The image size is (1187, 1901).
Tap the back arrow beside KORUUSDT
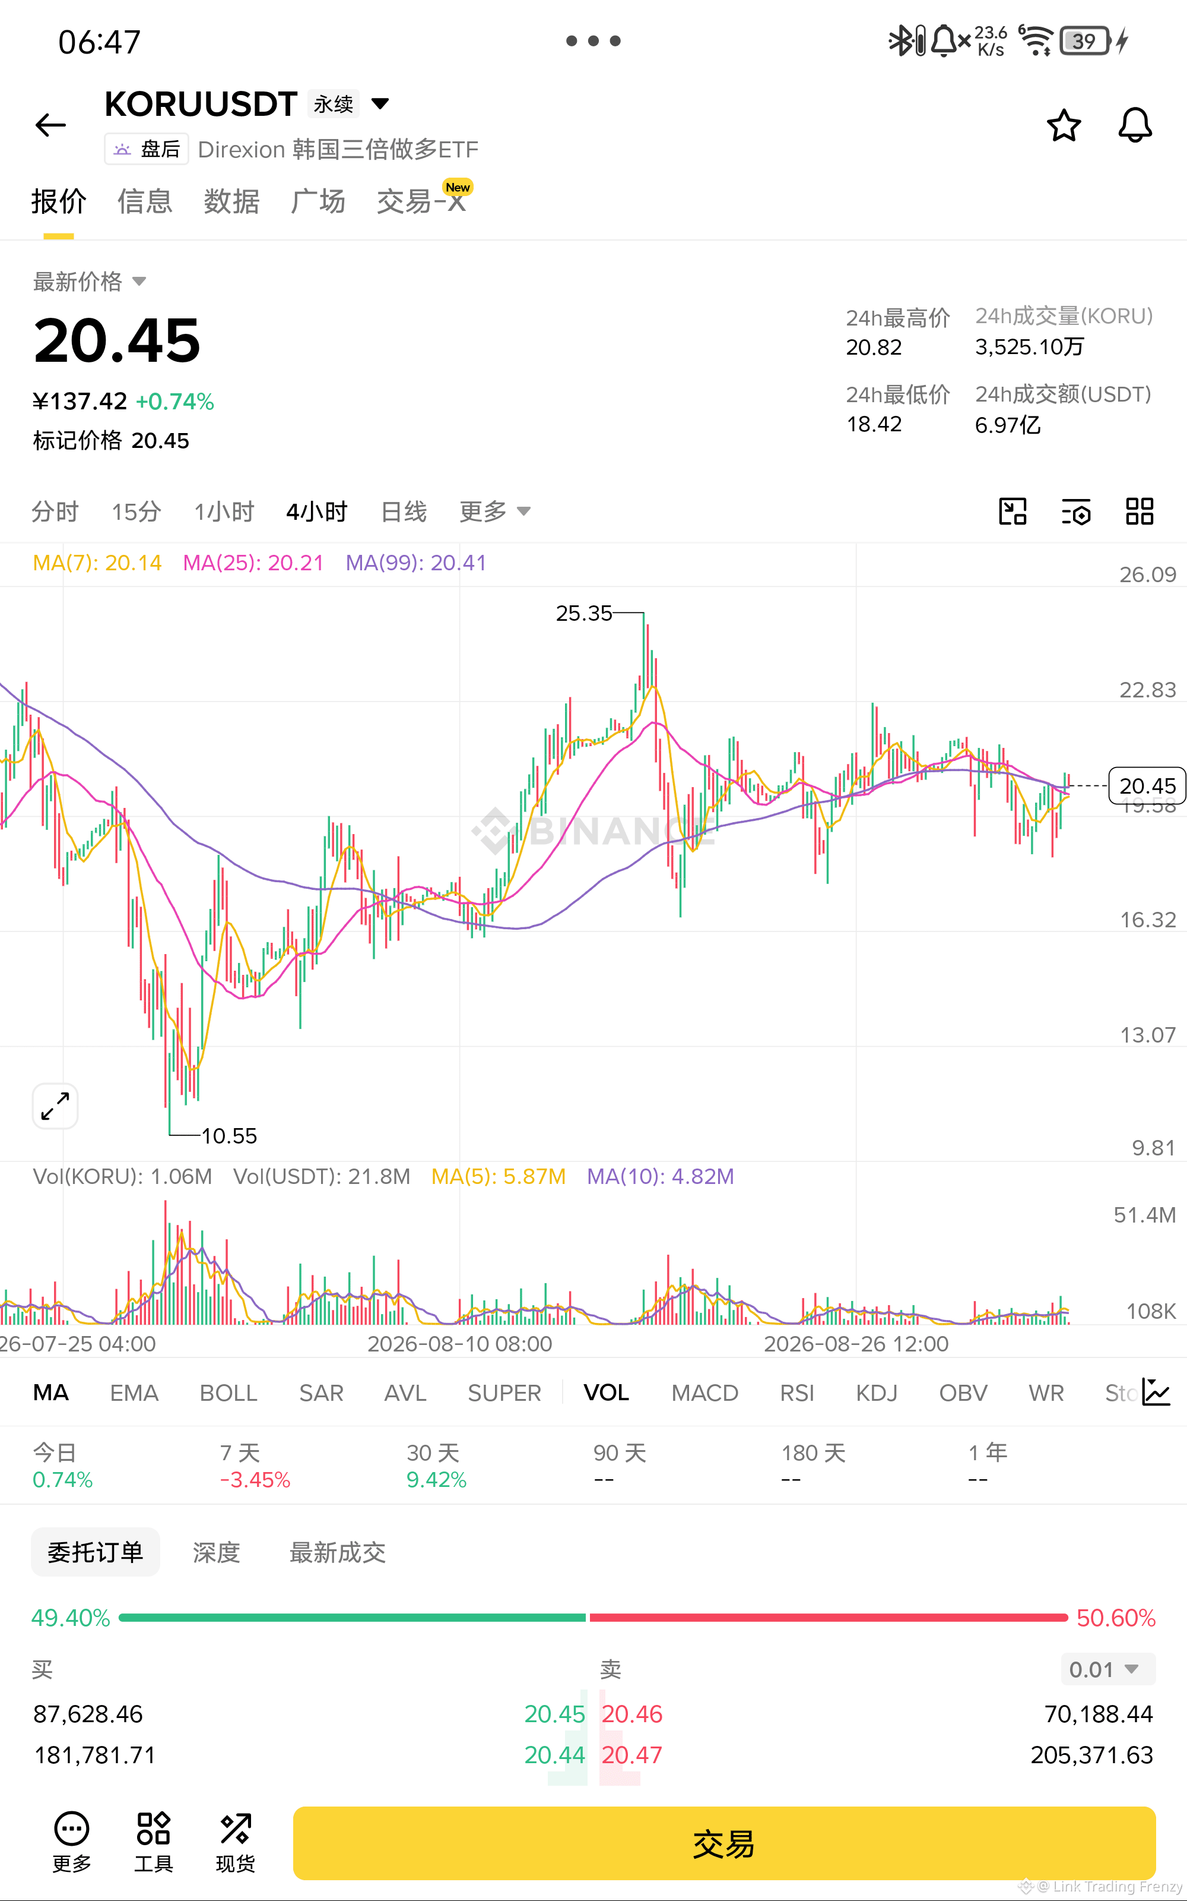(x=51, y=125)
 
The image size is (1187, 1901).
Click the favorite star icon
(x=1064, y=125)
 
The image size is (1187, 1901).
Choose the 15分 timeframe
(x=137, y=512)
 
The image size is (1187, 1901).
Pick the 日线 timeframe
(x=404, y=512)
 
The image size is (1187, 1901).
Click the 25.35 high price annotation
(x=583, y=614)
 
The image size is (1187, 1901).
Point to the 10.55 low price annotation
(x=229, y=1136)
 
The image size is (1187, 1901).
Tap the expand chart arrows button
(x=55, y=1106)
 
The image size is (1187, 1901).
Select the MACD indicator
(x=704, y=1392)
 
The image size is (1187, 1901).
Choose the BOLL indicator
(x=228, y=1392)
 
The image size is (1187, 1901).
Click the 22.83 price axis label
(x=1147, y=690)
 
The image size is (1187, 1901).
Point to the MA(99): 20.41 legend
(x=416, y=563)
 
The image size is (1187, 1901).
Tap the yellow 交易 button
(x=724, y=1843)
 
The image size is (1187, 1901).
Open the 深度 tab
(x=216, y=1552)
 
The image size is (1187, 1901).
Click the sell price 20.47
(x=632, y=1755)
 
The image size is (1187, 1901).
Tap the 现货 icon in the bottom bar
(x=236, y=1842)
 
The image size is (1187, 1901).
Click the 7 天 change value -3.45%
(x=255, y=1480)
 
